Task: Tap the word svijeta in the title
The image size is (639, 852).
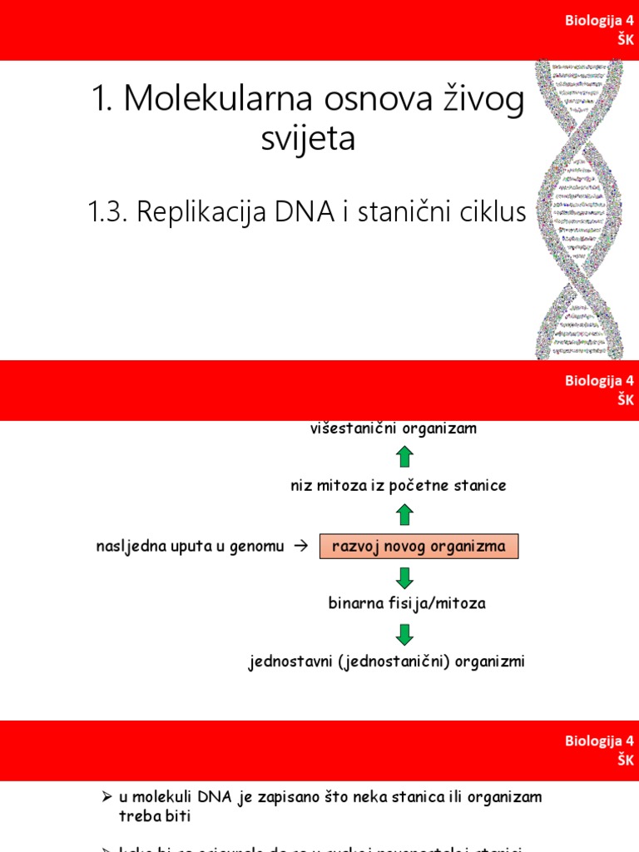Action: click(x=308, y=138)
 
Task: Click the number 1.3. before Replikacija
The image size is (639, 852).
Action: click(x=108, y=212)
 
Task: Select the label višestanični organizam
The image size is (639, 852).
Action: click(x=393, y=429)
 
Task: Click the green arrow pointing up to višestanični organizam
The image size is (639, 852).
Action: click(x=404, y=457)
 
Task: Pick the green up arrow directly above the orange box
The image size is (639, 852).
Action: click(x=404, y=515)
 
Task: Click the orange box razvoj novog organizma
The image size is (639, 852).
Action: click(x=419, y=547)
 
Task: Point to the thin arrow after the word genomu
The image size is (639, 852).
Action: click(x=302, y=547)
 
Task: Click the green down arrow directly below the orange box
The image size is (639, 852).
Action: click(x=404, y=577)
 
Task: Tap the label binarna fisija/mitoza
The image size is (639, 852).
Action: click(x=406, y=603)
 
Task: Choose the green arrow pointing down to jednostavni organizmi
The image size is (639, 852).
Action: click(x=404, y=634)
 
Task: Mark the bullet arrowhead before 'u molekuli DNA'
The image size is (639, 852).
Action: click(x=106, y=798)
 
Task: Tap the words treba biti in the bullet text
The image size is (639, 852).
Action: click(x=155, y=816)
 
